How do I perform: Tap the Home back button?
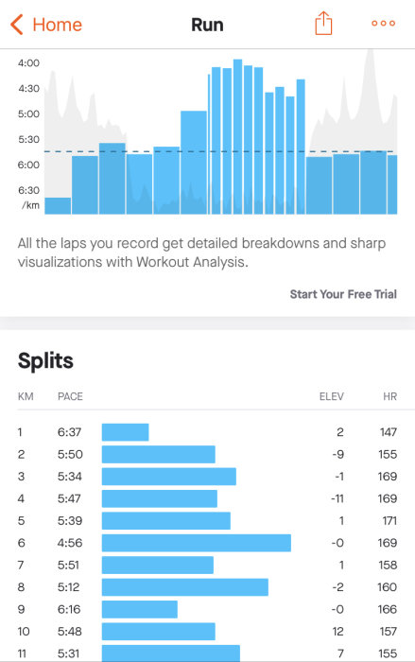pos(46,25)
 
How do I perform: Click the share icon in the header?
pos(323,24)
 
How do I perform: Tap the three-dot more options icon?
pos(384,24)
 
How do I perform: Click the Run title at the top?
pos(207,25)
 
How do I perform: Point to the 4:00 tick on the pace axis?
pos(28,63)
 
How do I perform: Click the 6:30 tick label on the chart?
pos(28,190)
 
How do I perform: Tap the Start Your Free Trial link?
pos(343,294)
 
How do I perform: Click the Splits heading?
pos(45,361)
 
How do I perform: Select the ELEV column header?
pos(332,396)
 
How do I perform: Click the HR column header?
pos(390,396)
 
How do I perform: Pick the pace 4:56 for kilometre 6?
pos(70,543)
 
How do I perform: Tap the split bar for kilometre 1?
pos(126,432)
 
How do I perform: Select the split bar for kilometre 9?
pos(140,609)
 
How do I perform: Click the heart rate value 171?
pos(389,520)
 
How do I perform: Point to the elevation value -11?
pos(337,498)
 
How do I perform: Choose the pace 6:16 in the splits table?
pos(68,609)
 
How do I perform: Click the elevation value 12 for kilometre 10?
pos(338,632)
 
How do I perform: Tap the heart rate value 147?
pos(389,432)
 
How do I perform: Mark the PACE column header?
pos(70,396)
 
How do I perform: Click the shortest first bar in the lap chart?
pos(58,206)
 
